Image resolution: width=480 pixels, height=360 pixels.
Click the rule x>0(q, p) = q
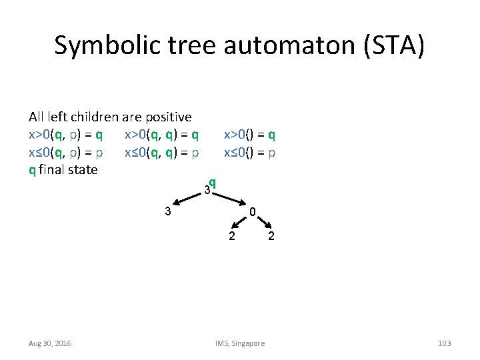tap(65, 135)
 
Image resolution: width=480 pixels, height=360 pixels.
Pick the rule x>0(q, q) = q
tap(161, 135)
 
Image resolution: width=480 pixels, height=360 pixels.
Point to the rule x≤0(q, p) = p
tap(65, 152)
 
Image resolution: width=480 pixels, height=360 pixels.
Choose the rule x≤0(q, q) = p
tap(161, 152)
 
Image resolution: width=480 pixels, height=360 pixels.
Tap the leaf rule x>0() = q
tap(249, 135)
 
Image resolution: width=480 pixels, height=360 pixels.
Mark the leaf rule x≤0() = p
tap(249, 152)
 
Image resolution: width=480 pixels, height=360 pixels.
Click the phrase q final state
tap(63, 169)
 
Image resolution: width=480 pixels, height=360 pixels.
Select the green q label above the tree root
tap(212, 182)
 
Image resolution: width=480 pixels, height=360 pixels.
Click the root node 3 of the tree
tap(207, 191)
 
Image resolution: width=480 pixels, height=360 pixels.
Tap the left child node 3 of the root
tap(169, 212)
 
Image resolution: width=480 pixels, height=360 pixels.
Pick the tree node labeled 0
tap(253, 212)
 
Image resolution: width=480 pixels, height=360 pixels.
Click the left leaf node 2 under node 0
tap(231, 236)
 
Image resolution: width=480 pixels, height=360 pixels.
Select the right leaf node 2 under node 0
tap(271, 236)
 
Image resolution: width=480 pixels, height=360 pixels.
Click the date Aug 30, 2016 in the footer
tap(50, 343)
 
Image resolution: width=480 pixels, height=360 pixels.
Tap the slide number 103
tap(444, 343)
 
